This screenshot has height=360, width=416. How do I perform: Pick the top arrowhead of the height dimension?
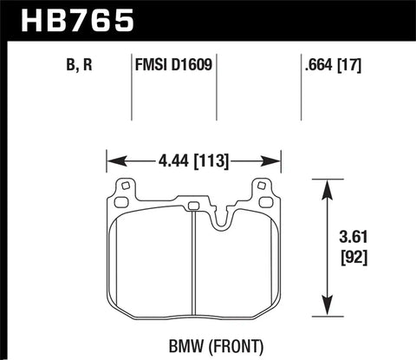[x=325, y=184]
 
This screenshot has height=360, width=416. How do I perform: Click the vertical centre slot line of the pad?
[x=190, y=269]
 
